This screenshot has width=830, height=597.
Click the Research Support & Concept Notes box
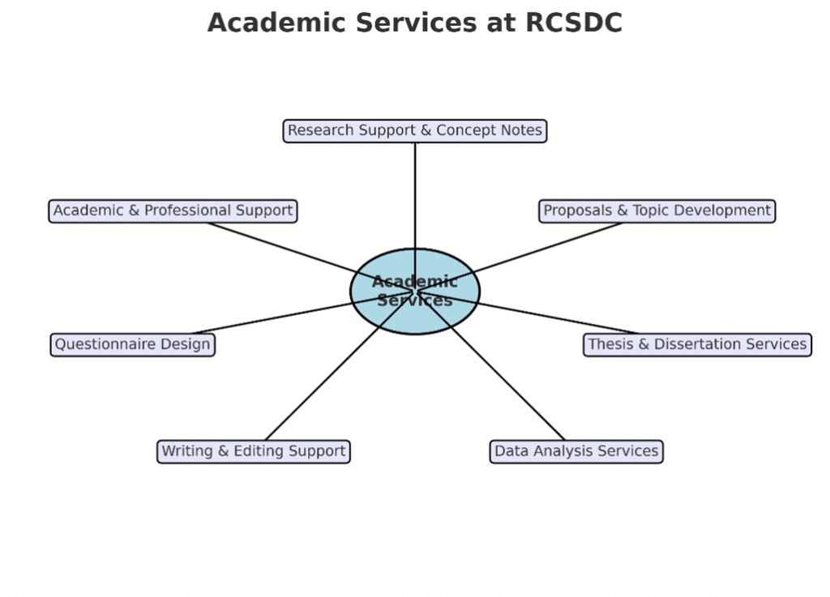point(415,130)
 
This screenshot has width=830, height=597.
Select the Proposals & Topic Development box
point(657,211)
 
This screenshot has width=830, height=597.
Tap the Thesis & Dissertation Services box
point(697,344)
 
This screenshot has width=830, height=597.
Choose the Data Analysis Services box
point(576,451)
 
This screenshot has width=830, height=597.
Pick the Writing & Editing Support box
point(253,451)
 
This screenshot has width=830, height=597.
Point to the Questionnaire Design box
point(132,344)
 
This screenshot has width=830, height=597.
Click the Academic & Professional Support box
point(173,211)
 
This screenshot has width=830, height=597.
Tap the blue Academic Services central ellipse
point(415,312)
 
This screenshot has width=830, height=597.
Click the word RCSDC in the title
point(574,23)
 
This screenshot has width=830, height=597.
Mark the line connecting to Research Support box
point(415,194)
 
